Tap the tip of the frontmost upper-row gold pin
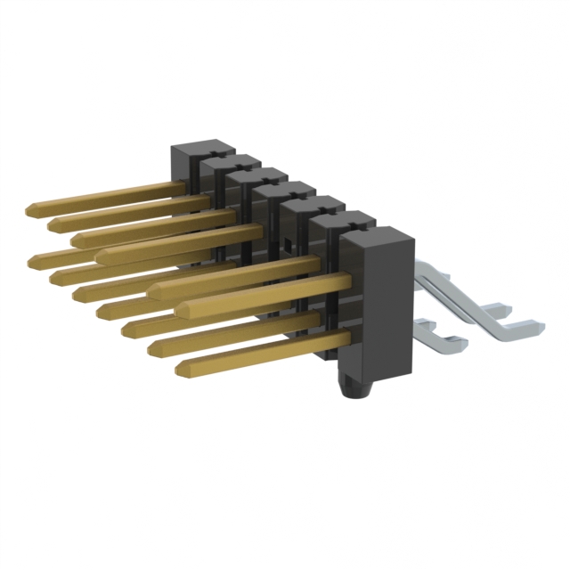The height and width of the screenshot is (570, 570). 152,290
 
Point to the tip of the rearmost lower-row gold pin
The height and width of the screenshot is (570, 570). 33,260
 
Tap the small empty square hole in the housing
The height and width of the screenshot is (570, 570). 288,243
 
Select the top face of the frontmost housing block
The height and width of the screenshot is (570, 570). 379,236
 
